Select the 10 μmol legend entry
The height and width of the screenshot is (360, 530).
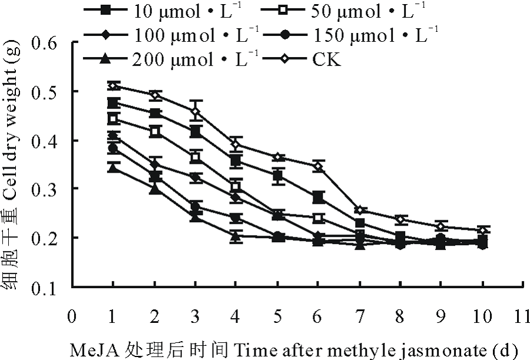tap(164, 10)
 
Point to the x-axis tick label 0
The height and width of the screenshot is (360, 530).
tap(72, 316)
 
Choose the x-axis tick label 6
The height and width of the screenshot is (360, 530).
tap(318, 316)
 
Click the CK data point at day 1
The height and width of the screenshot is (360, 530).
tap(113, 86)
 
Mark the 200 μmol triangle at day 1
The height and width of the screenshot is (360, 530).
tap(113, 168)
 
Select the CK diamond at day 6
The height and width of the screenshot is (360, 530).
tap(318, 167)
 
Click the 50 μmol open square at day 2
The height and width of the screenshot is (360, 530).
tap(154, 132)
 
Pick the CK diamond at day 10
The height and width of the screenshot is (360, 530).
tap(482, 230)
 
